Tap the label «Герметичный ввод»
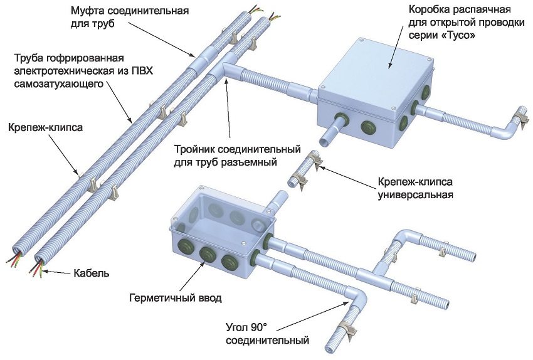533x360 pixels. [x=176, y=298]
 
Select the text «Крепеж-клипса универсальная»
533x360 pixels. [x=414, y=188]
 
